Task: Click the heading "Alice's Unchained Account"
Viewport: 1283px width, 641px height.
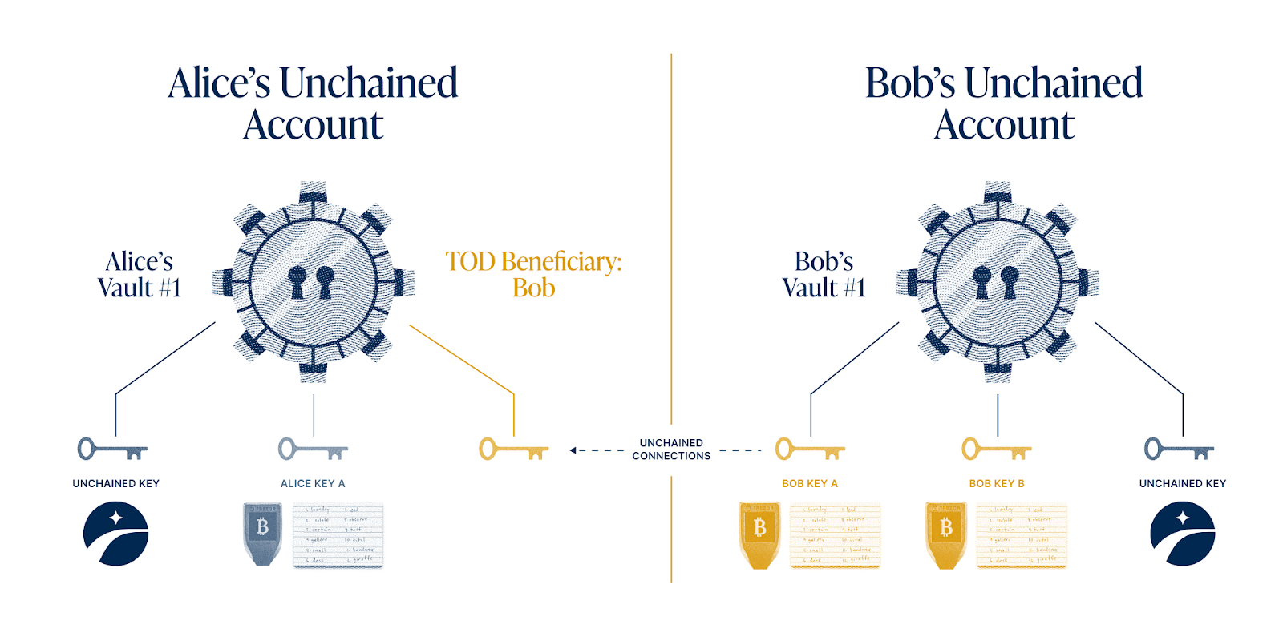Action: pos(313,103)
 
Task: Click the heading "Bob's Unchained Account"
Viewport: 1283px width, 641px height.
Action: pos(1004,103)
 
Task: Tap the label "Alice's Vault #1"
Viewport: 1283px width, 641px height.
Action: pos(139,274)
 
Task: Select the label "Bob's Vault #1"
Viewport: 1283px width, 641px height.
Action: pos(824,274)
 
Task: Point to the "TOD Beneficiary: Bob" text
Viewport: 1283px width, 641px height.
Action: pos(533,274)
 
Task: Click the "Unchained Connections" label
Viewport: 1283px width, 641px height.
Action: pos(671,449)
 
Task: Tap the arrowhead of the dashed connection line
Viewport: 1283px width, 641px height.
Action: pos(573,450)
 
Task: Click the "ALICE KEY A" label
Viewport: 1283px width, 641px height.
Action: pos(313,484)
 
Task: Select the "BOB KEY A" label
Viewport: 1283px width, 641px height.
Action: pos(810,484)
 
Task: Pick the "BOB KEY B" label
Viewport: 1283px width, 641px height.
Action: pos(997,484)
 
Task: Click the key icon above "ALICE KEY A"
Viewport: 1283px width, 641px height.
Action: pos(313,449)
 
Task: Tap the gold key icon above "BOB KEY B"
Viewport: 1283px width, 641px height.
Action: pos(997,449)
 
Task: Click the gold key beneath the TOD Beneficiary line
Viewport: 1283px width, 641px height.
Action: pos(513,449)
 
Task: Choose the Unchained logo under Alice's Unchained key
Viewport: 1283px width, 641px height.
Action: pos(116,534)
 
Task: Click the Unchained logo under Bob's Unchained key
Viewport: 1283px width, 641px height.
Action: pos(1183,534)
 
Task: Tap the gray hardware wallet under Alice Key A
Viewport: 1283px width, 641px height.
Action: pos(262,534)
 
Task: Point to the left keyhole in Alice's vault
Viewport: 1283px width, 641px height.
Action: pos(297,281)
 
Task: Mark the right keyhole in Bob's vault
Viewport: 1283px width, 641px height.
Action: pos(1010,281)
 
